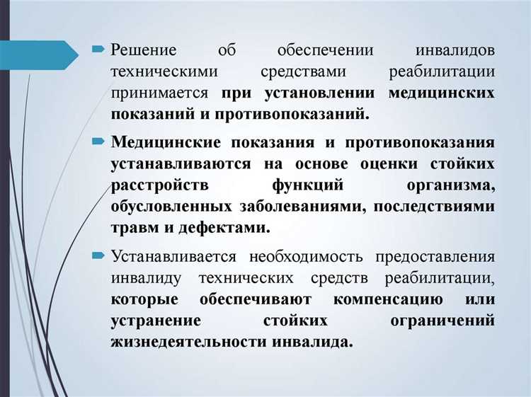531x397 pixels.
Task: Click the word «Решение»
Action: point(143,52)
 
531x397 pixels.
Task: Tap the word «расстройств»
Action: point(151,185)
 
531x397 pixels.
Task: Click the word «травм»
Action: point(131,228)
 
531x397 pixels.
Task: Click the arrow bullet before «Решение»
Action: point(98,50)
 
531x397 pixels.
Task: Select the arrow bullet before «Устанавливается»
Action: point(98,255)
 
